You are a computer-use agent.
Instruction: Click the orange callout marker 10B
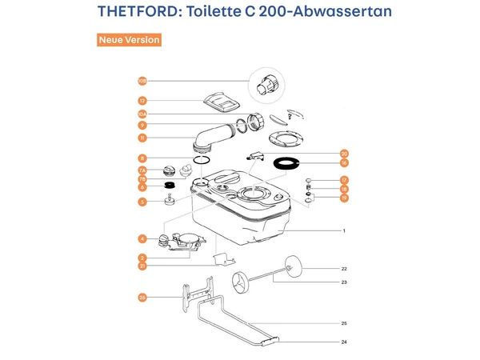(142, 81)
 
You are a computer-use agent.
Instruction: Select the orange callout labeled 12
(142, 101)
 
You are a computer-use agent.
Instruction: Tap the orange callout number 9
(142, 126)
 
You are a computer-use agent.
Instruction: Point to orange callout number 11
(142, 138)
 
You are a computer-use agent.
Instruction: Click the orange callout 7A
(142, 170)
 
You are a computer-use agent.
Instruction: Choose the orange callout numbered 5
(142, 202)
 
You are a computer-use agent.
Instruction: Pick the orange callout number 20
(345, 154)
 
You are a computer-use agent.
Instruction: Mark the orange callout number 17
(344, 180)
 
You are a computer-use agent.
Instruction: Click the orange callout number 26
(142, 298)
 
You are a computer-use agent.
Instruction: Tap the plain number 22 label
(343, 269)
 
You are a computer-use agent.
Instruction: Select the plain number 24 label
(343, 342)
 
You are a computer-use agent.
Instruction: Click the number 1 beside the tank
(343, 231)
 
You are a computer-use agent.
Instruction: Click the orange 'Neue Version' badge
(129, 40)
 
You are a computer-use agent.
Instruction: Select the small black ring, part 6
(170, 187)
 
